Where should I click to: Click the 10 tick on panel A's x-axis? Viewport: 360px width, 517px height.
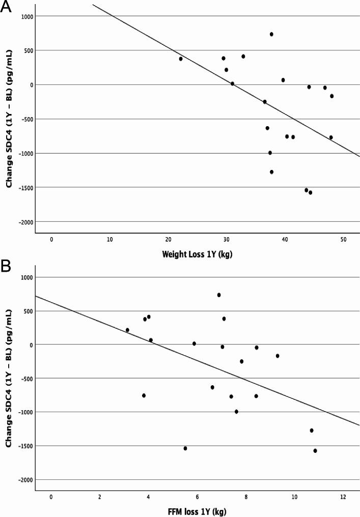(109, 240)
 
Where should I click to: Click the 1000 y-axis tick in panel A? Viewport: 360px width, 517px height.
(24, 16)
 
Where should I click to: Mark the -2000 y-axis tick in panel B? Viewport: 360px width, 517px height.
(23, 480)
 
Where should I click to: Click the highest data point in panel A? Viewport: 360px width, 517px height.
(271, 34)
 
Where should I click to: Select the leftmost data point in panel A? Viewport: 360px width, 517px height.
(181, 59)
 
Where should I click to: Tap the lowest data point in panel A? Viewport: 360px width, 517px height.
(310, 192)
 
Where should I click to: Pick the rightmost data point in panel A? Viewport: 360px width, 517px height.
(331, 96)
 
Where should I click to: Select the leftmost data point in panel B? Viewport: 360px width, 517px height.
(127, 330)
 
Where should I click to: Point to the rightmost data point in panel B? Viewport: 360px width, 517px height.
(315, 450)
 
